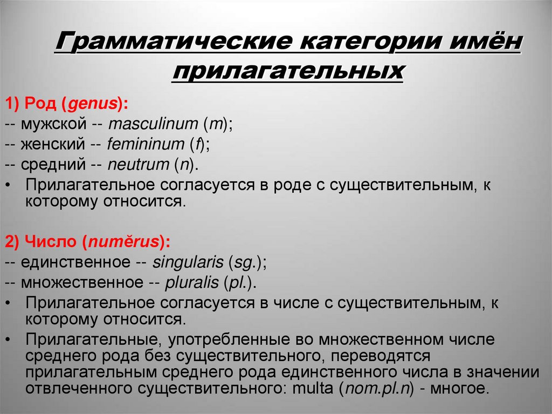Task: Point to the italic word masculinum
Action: [154, 124]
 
